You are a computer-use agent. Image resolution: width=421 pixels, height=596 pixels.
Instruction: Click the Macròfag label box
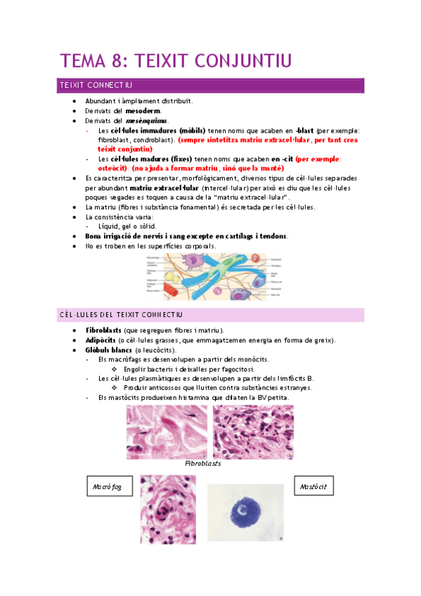pyautogui.click(x=107, y=487)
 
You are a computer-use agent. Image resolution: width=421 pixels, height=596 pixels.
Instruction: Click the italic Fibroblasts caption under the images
pyautogui.click(x=203, y=465)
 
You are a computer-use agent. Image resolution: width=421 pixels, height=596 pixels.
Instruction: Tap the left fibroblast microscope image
pyautogui.click(x=167, y=432)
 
